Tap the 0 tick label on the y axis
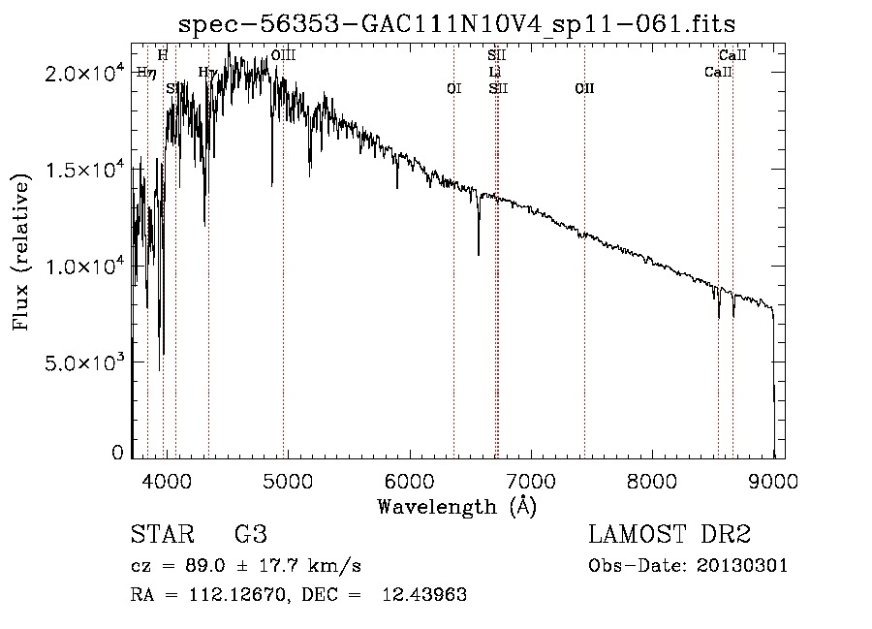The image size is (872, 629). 117,453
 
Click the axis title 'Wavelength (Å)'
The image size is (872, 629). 456,506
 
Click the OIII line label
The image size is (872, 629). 283,56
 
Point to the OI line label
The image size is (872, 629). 453,88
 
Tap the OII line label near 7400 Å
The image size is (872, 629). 584,88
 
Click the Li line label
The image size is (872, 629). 494,73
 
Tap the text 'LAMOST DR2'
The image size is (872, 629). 670,535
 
